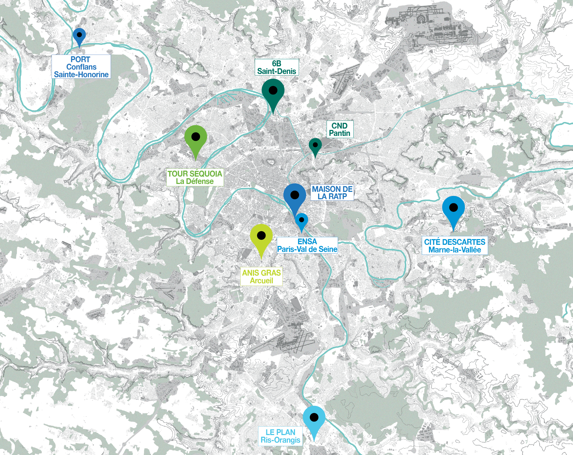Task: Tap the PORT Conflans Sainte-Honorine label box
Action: point(81,67)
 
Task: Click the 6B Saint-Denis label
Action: point(276,67)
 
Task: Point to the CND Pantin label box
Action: point(340,129)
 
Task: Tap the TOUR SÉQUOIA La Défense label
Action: point(195,177)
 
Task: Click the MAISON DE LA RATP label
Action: point(332,193)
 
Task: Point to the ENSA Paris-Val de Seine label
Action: point(307,245)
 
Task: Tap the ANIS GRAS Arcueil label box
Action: point(261,276)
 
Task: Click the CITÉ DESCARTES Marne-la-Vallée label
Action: point(455,246)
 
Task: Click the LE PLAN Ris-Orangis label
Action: point(280,436)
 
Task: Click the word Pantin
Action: point(340,133)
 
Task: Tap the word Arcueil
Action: point(261,281)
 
